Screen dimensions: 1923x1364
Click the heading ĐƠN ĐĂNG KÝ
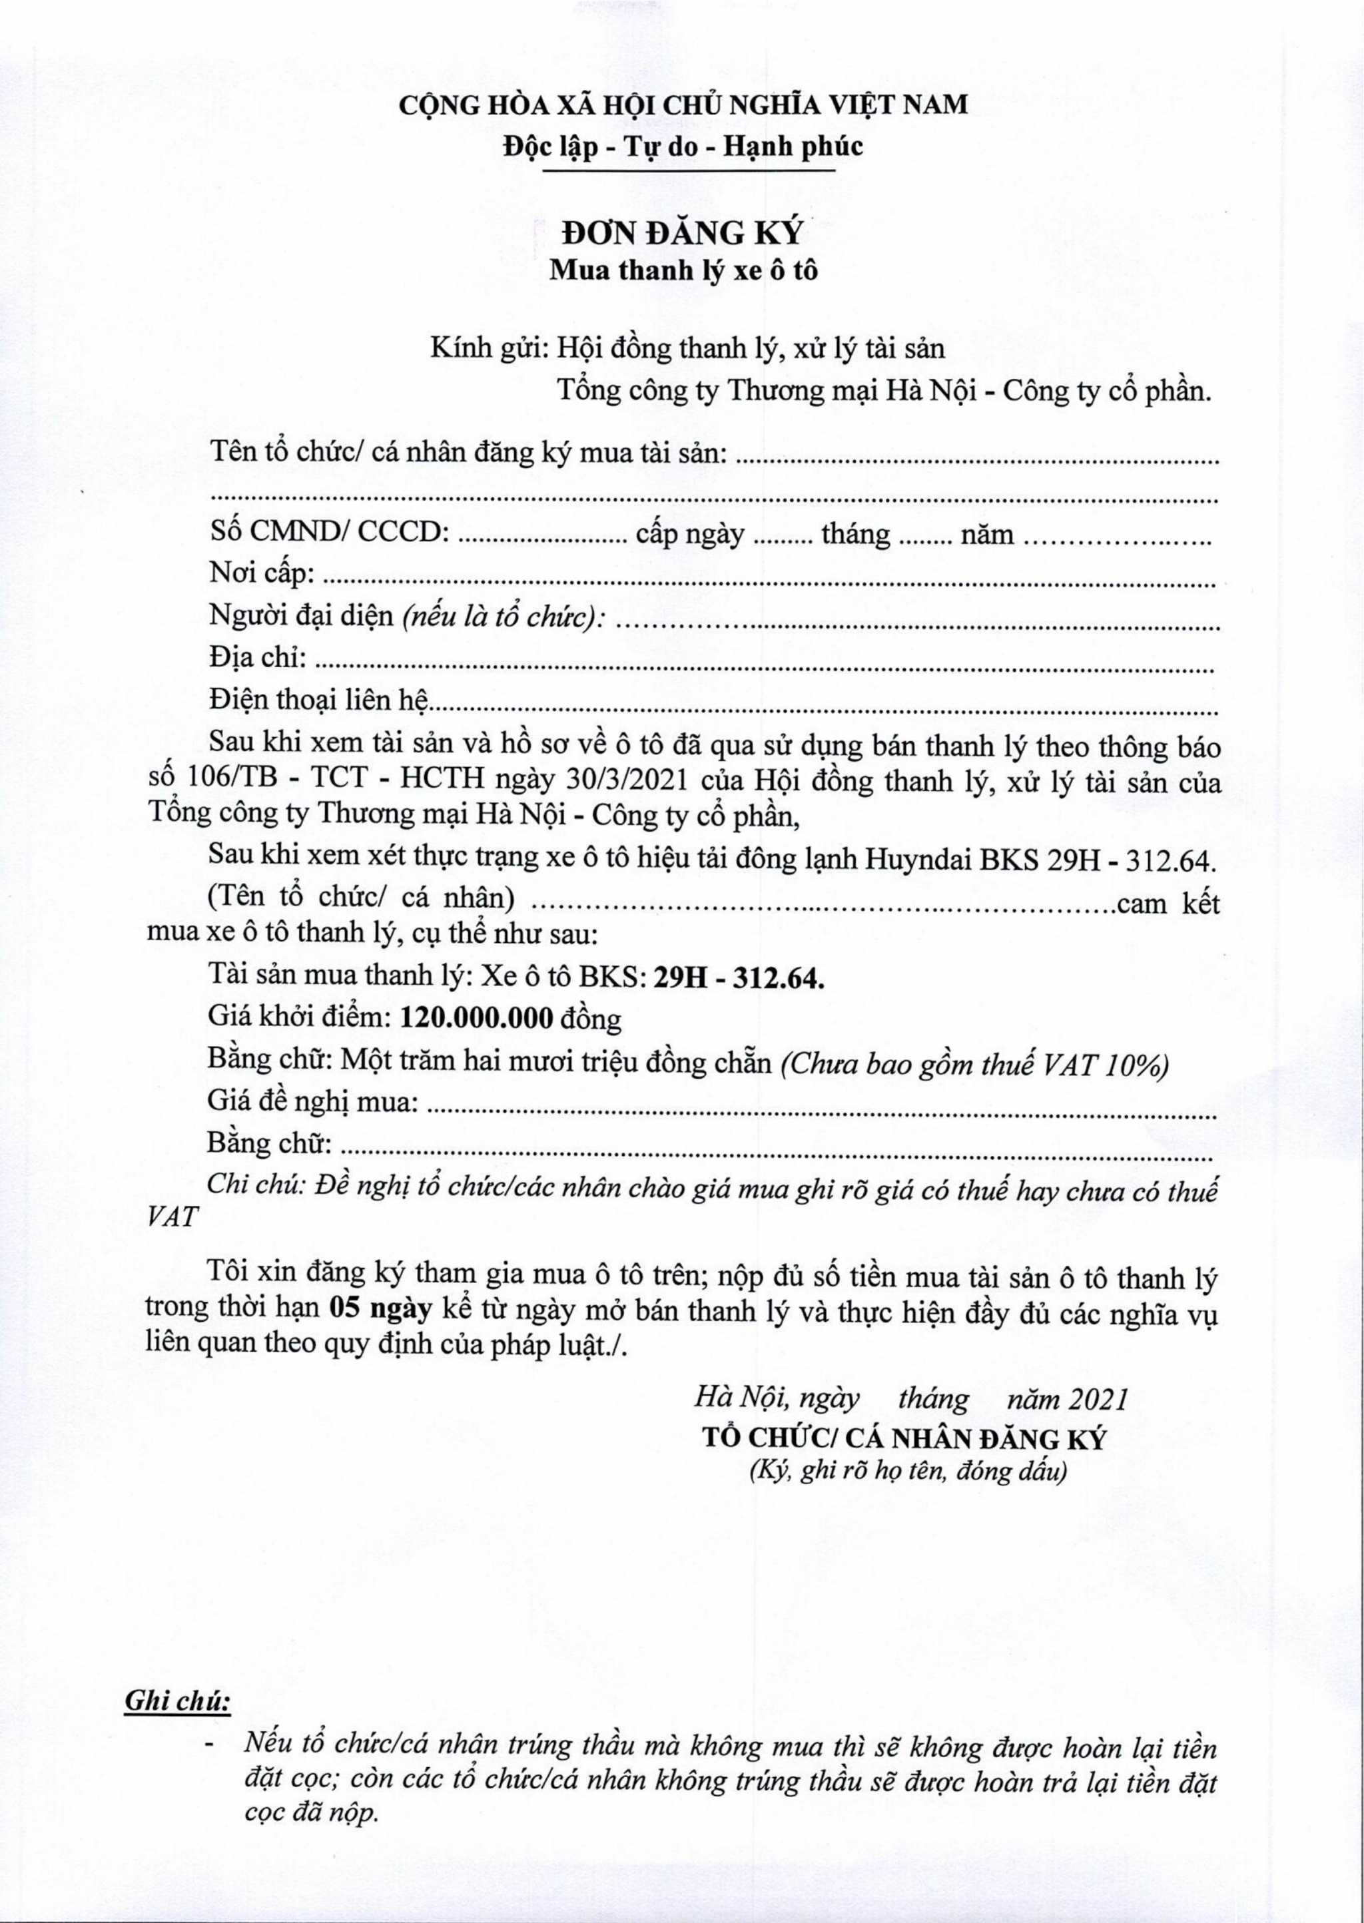click(681, 232)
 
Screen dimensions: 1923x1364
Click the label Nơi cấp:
click(262, 575)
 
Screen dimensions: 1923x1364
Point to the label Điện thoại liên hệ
click(319, 700)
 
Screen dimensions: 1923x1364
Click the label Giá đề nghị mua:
click(313, 1100)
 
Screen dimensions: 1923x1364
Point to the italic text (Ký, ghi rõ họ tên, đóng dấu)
click(908, 1472)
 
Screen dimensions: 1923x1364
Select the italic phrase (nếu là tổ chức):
click(505, 618)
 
